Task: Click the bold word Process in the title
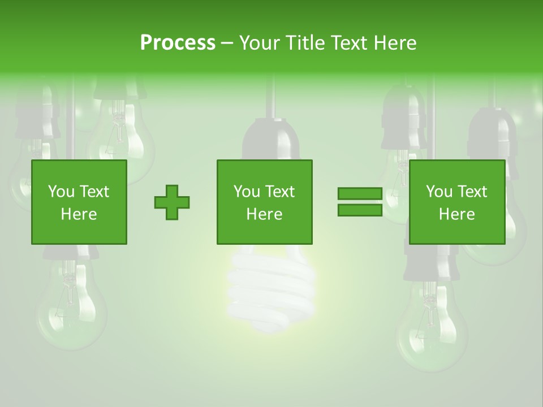point(178,42)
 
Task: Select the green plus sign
point(172,202)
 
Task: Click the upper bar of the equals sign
point(360,193)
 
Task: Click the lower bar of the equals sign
point(360,210)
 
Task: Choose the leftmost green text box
point(79,202)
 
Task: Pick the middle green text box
point(264,202)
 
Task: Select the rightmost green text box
point(456,202)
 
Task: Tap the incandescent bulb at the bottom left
point(71,305)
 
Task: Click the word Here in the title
point(395,42)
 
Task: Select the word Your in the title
point(260,42)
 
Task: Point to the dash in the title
point(227,44)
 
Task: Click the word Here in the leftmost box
point(79,214)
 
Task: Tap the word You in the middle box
point(246,192)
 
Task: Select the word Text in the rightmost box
point(473,192)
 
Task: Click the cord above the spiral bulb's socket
point(270,96)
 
